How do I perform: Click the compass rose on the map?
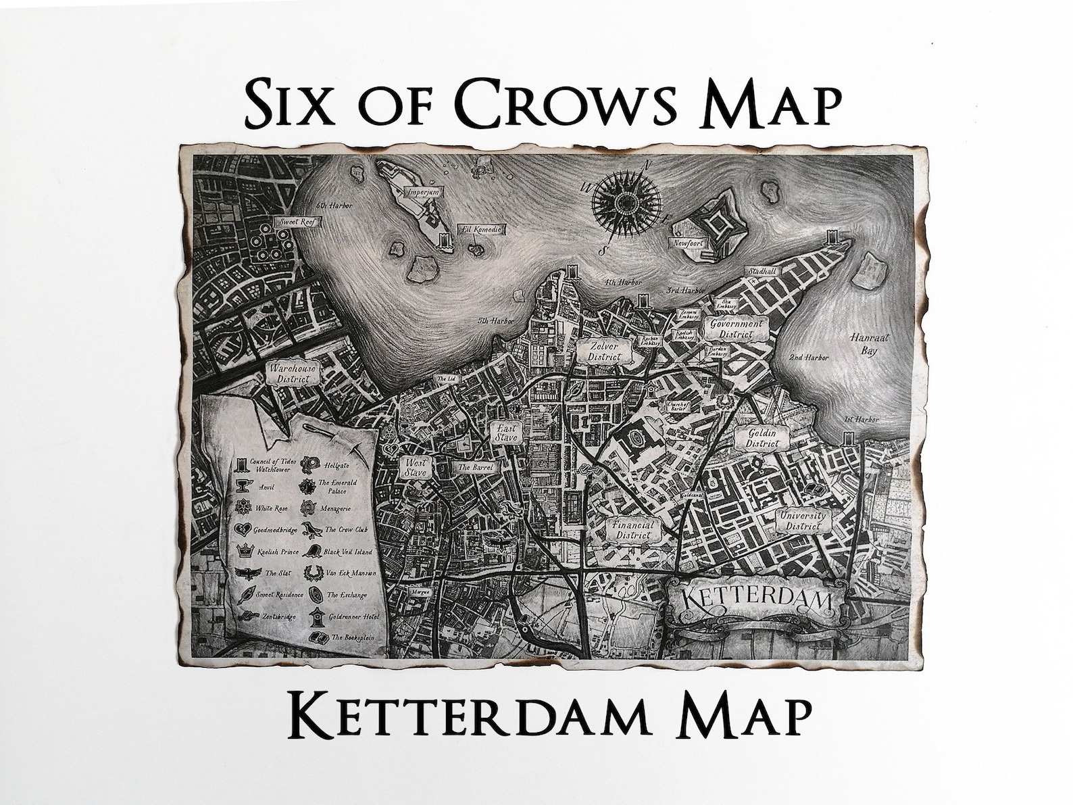point(622,201)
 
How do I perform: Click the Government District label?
point(736,328)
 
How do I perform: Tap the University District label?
point(803,520)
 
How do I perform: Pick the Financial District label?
point(632,530)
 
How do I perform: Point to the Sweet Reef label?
point(294,222)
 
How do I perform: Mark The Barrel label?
point(476,467)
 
